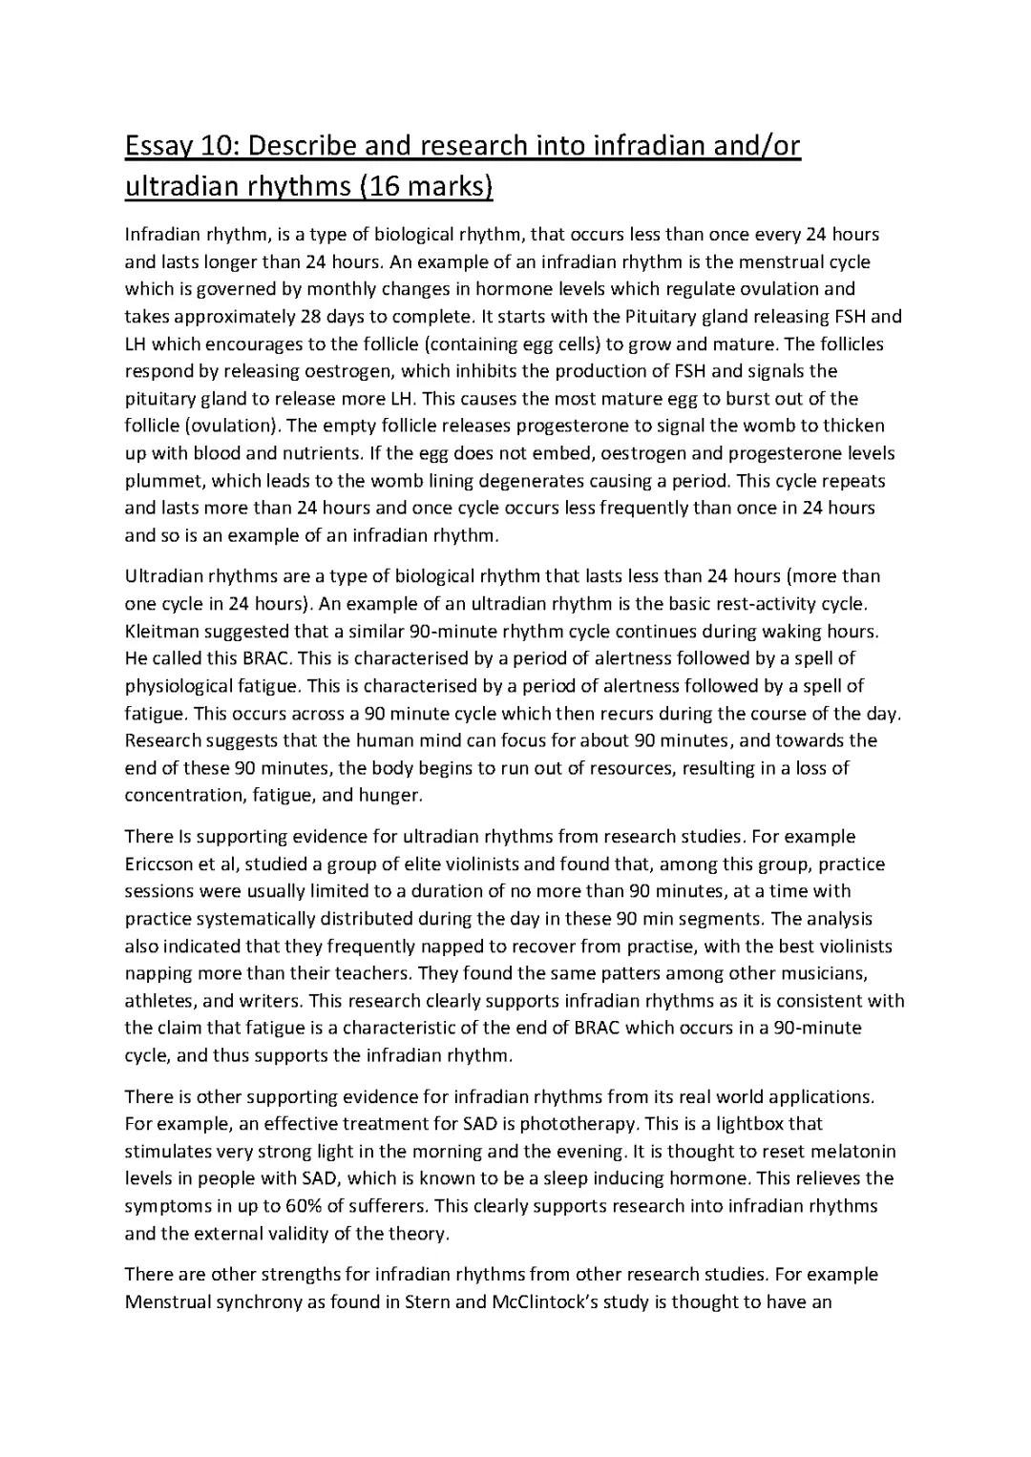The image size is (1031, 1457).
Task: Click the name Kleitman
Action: [159, 631]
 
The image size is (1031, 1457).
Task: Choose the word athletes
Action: [159, 1002]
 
